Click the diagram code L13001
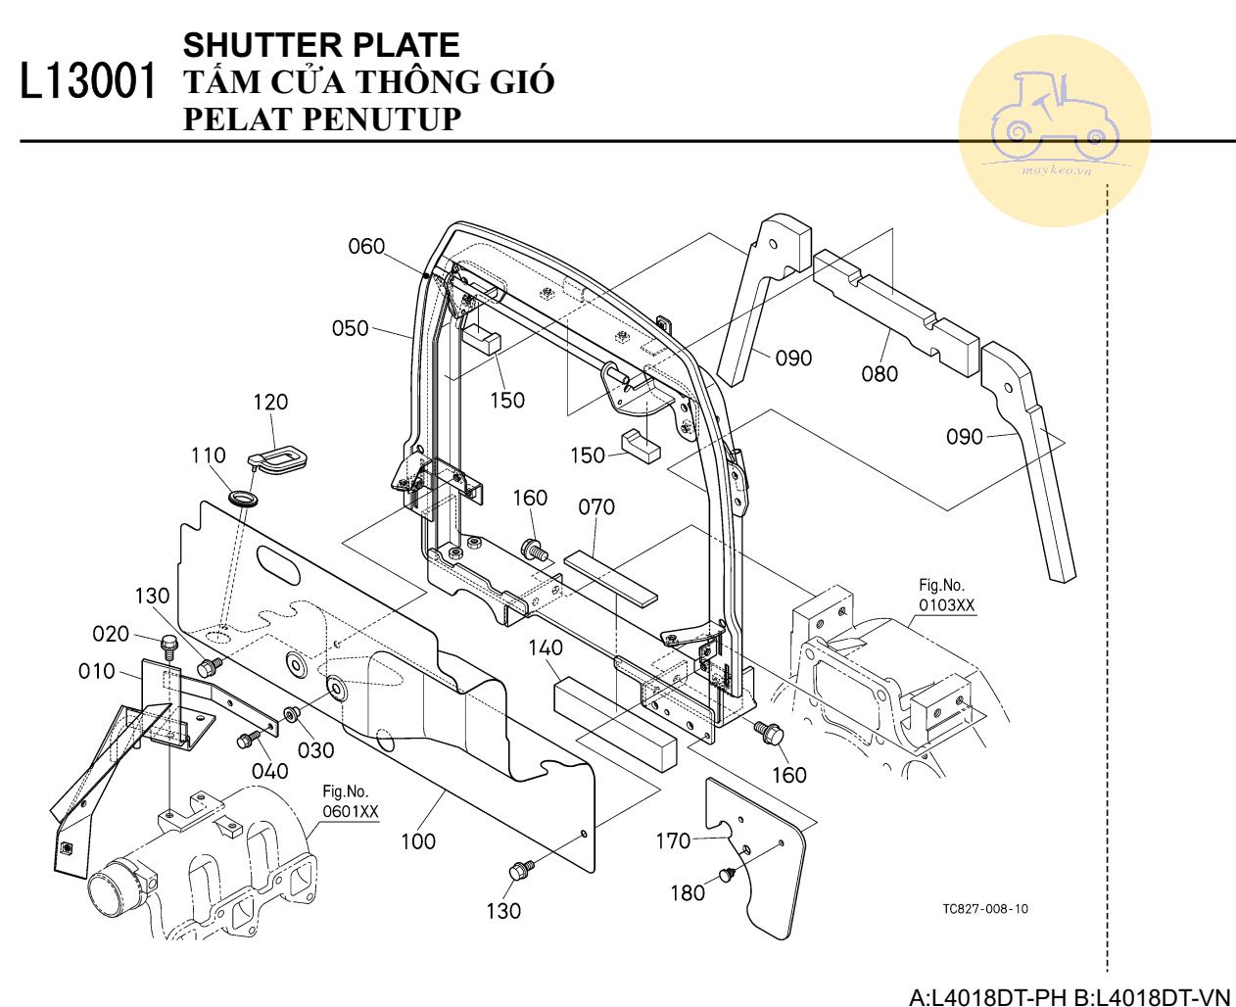88,82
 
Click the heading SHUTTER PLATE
321,45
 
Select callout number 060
367,247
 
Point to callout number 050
350,328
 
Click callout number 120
270,402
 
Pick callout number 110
209,456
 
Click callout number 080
879,373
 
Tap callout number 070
596,507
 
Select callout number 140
546,647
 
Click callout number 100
418,840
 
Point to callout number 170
673,840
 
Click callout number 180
688,892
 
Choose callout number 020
111,634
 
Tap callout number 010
97,671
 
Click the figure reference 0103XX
946,605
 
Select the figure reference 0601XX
351,811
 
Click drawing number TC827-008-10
985,908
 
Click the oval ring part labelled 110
245,499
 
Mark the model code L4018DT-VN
1161,997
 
